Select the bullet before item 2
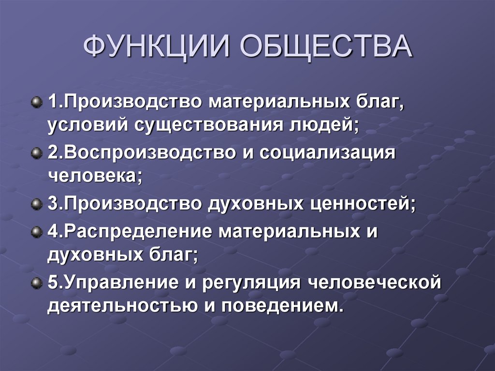36,154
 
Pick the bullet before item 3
36,205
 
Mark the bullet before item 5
36,283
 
